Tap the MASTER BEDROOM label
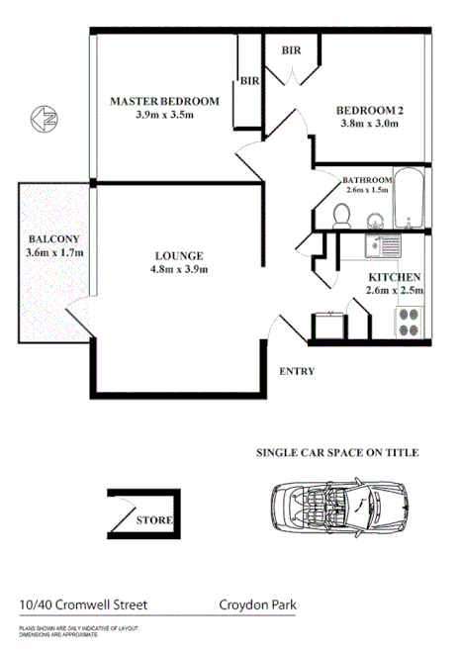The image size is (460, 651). pos(164,101)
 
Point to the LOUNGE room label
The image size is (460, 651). pos(178,253)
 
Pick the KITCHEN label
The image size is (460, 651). pos(396,277)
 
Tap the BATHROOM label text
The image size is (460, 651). pos(367,180)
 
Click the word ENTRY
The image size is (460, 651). pos(298,372)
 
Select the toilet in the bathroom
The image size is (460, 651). pos(340,213)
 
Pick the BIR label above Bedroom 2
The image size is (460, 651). pos(292,49)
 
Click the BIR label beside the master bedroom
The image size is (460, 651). pos(248,82)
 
